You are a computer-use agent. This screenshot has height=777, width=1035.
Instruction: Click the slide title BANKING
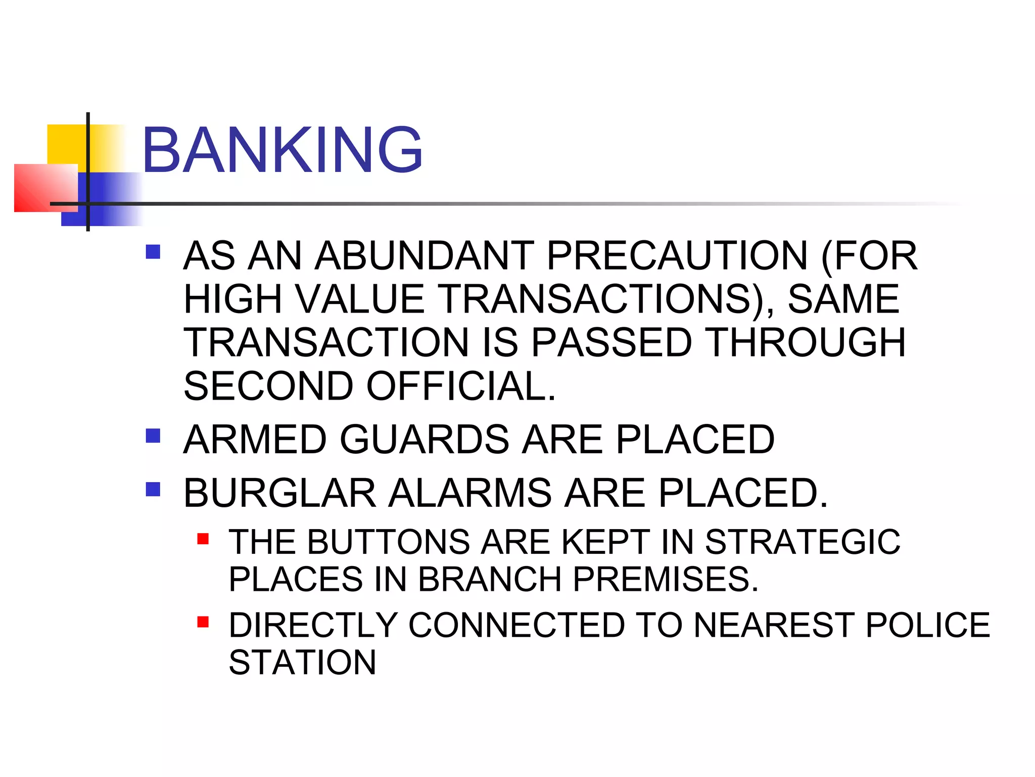[x=282, y=150]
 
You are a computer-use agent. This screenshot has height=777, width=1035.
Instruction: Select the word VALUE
[x=360, y=299]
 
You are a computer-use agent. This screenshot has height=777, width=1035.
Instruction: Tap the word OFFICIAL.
[x=461, y=386]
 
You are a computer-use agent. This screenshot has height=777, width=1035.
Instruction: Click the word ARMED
[x=255, y=439]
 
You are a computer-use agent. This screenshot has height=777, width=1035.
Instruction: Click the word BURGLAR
[x=280, y=493]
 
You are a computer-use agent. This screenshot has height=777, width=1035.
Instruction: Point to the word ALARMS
[x=470, y=493]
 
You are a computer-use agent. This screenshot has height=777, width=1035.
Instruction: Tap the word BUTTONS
[x=389, y=542]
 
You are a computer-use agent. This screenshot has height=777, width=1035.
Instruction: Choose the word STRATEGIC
[x=803, y=542]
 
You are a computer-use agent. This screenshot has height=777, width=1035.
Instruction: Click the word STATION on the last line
[x=302, y=662]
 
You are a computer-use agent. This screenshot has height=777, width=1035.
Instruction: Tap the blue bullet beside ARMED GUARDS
[x=153, y=436]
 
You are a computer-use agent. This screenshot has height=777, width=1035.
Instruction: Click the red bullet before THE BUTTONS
[x=203, y=539]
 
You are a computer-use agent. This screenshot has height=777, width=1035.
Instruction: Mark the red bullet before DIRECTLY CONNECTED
[x=203, y=622]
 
